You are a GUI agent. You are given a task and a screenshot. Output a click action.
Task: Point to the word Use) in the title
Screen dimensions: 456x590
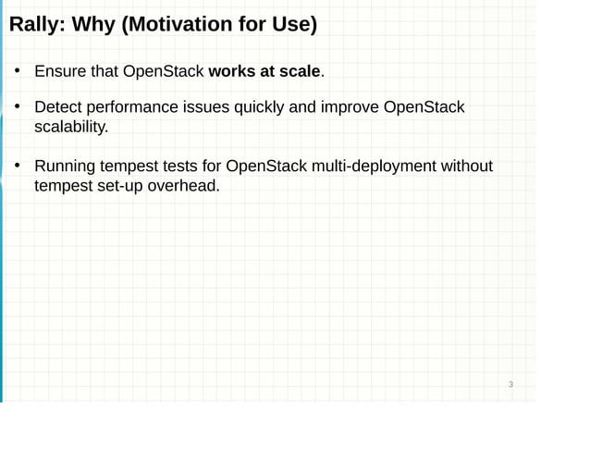click(x=295, y=25)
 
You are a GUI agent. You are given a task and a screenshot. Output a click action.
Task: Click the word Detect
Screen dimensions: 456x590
click(x=58, y=108)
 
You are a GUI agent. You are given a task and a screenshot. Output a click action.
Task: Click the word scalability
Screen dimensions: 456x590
click(x=71, y=128)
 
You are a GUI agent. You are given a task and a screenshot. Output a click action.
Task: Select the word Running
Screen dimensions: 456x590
click(x=66, y=166)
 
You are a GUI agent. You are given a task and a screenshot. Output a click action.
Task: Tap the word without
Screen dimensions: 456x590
click(x=467, y=166)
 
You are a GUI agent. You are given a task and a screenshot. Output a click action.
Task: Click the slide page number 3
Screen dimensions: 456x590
click(x=510, y=385)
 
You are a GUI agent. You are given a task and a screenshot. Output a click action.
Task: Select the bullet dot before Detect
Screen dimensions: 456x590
click(x=17, y=108)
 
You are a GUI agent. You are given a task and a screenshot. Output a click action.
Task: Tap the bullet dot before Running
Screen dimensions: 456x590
click(x=17, y=166)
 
